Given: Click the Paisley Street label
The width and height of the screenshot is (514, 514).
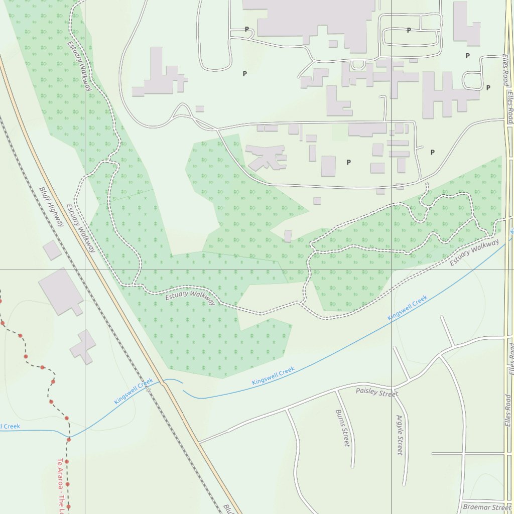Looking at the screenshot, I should (x=376, y=392).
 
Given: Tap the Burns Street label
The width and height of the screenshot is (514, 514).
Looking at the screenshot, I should (x=342, y=428).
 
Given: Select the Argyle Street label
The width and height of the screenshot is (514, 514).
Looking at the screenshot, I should (x=400, y=435).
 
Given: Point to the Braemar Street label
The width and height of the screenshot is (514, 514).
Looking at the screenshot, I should (x=486, y=507).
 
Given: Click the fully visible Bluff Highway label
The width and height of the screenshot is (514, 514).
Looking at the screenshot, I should (x=52, y=206).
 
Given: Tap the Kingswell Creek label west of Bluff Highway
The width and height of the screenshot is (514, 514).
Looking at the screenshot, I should (x=133, y=392).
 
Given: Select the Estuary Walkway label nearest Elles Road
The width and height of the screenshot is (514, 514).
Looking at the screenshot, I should (x=474, y=253).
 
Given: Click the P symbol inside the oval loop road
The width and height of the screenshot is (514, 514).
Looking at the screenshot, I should (x=409, y=30).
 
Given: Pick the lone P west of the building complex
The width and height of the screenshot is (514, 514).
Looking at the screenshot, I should (x=245, y=74).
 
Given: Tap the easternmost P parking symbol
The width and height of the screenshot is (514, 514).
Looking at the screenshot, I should (x=488, y=88).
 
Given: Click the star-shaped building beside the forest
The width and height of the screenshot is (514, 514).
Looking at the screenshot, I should (x=266, y=157).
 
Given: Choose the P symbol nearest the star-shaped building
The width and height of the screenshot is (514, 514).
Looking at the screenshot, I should (x=348, y=162).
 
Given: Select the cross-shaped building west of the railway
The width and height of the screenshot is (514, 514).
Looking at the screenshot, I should (x=83, y=346).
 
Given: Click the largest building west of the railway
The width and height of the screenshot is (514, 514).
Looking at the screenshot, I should (x=60, y=291).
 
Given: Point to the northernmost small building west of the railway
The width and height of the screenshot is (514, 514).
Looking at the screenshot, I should (x=52, y=250).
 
